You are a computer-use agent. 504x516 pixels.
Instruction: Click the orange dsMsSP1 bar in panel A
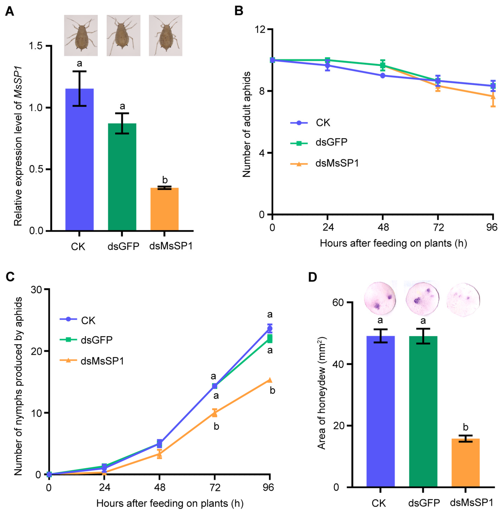pos(164,209)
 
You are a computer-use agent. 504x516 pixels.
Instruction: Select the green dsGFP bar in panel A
pos(122,177)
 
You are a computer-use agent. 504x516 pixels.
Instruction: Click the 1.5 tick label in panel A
pos(36,46)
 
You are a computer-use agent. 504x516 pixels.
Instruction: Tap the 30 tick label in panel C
pos(36,289)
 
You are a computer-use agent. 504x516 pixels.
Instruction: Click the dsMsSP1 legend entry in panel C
pos(92,361)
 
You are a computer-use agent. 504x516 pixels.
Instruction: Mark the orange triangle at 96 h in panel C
pos(270,380)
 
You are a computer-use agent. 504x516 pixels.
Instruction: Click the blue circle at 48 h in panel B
pos(382,76)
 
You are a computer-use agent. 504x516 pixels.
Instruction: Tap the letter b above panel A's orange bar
pos(165,180)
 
